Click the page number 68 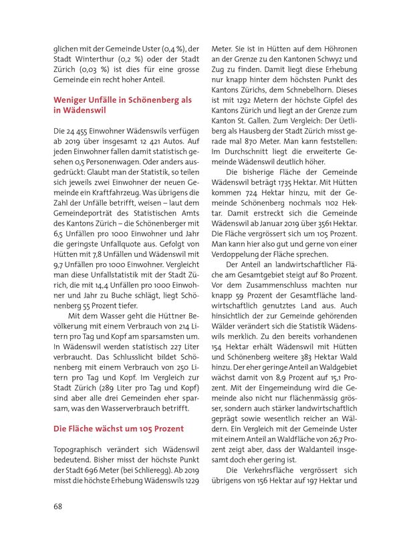coord(59,505)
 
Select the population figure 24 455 coord(81,131)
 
